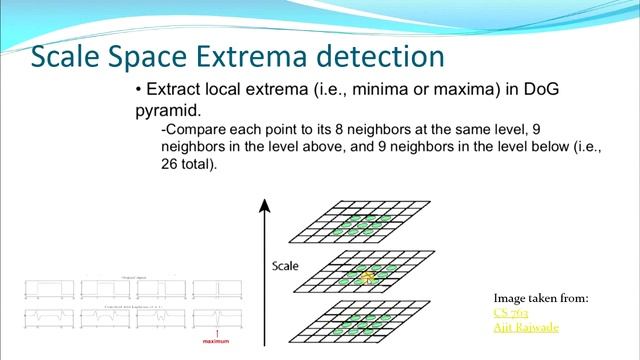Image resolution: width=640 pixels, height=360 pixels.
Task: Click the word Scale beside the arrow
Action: pyautogui.click(x=287, y=266)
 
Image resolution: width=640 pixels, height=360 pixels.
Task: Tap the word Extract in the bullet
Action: pyautogui.click(x=175, y=89)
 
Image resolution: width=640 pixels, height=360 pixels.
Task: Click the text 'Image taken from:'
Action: pyautogui.click(x=541, y=298)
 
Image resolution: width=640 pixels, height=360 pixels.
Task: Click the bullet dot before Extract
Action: pyautogui.click(x=139, y=90)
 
